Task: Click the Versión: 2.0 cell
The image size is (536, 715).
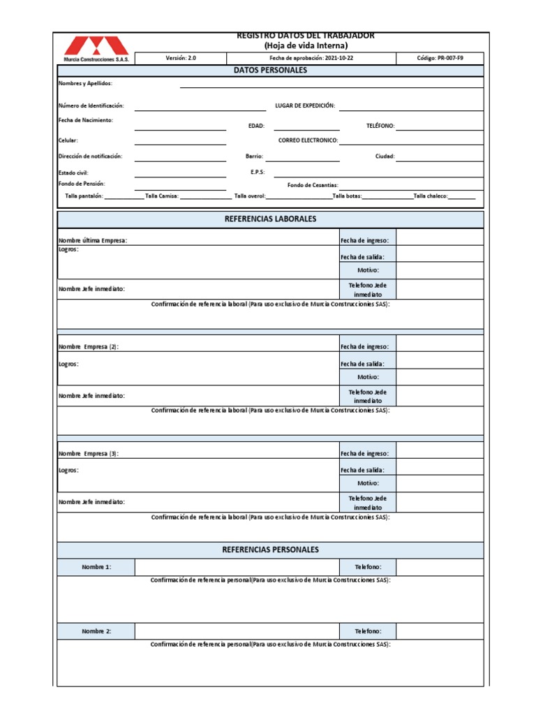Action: (x=181, y=59)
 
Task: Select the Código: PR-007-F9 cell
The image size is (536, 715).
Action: (x=440, y=59)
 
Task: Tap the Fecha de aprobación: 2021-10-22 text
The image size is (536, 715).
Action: (x=311, y=59)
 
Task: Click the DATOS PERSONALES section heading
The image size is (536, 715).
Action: (x=270, y=71)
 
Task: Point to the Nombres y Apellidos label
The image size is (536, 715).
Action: (x=85, y=84)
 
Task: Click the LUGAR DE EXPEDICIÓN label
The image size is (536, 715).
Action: (x=305, y=106)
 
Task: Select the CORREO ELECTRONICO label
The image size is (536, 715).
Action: (x=308, y=140)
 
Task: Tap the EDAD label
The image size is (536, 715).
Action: (x=256, y=126)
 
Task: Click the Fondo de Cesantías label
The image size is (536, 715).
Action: (x=313, y=186)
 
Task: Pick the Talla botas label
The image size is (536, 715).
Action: (x=347, y=196)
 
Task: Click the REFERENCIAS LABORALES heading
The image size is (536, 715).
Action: (x=270, y=219)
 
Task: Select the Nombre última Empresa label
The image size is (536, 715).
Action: (x=93, y=240)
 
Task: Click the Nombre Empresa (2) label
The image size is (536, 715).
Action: (x=89, y=347)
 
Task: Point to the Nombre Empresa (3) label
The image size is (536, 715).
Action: (x=89, y=454)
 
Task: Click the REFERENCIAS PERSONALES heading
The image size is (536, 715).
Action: (x=270, y=550)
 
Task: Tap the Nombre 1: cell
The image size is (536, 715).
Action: (x=96, y=568)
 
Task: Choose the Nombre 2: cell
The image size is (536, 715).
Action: (x=96, y=631)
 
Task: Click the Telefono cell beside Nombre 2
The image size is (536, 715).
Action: (x=368, y=631)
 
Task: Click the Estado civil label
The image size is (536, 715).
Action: (x=73, y=172)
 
